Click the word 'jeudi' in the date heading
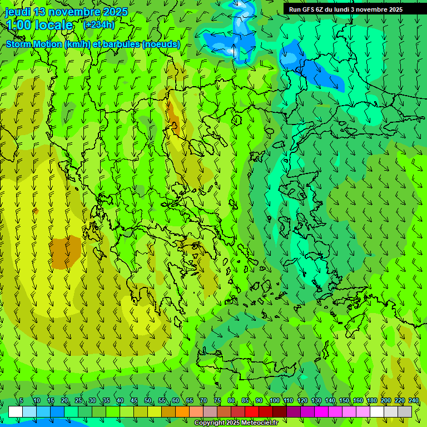click(17, 12)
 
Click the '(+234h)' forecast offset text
click(99, 24)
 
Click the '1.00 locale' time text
click(39, 25)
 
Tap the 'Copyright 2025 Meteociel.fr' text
click(236, 423)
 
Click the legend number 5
click(21, 400)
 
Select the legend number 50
click(148, 400)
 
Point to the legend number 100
click(275, 400)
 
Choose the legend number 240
click(414, 400)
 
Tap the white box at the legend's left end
click(16, 411)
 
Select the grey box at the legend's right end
click(405, 411)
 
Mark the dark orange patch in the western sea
click(65, 252)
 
